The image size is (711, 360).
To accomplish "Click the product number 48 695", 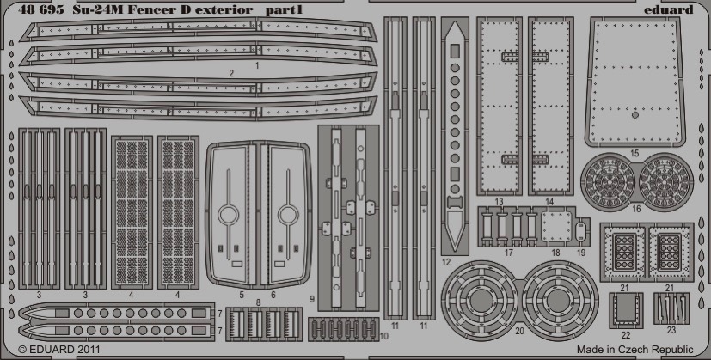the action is click(41, 9).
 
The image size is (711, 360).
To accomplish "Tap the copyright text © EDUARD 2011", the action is click(59, 350).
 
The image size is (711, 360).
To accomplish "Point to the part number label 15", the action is click(634, 153).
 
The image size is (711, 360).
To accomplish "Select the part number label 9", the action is click(312, 299).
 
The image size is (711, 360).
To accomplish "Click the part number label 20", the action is click(519, 331).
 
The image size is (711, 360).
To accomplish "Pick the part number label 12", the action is click(446, 263).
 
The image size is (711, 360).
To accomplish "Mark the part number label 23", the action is click(671, 331).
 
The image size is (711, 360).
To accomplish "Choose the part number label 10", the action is click(384, 336).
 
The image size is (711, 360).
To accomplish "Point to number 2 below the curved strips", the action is click(231, 73).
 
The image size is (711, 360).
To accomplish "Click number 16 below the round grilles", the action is click(636, 209).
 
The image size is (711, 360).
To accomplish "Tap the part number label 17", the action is click(508, 253).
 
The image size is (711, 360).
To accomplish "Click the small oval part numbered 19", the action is click(581, 229).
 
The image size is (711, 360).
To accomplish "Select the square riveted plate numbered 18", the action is click(556, 227).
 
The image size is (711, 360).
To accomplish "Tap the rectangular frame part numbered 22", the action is click(626, 310).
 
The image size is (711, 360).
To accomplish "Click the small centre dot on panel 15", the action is click(634, 115).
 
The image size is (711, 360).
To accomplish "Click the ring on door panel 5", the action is click(228, 215).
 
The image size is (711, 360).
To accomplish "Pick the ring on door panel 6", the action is click(288, 215).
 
